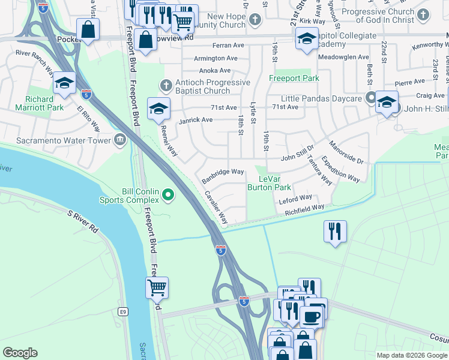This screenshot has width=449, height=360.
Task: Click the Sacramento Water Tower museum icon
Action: click(x=120, y=140)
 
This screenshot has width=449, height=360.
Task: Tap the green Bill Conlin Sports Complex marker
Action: click(x=168, y=194)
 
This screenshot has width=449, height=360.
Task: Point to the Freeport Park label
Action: click(x=294, y=79)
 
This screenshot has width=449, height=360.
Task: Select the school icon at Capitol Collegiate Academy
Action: click(x=306, y=39)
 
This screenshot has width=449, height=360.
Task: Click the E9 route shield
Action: click(x=123, y=311)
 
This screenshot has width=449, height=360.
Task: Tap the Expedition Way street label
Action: click(x=340, y=169)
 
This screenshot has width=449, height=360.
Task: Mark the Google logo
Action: click(x=20, y=353)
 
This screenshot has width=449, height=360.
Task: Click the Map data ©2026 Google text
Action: click(x=411, y=355)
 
